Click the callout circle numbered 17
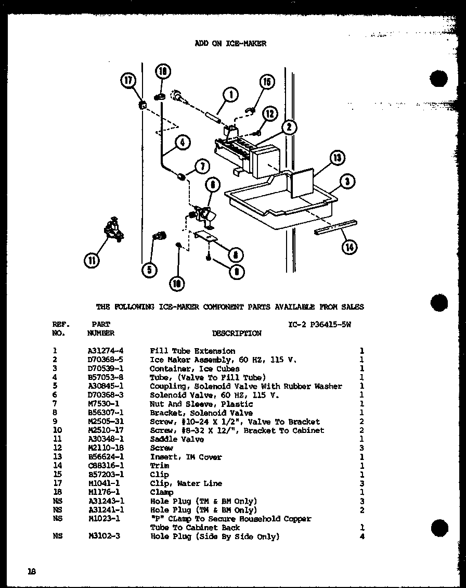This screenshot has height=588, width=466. tap(128, 81)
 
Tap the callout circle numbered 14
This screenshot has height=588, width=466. tap(349, 247)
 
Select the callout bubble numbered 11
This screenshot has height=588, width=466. tap(92, 260)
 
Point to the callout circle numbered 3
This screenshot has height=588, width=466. tap(347, 181)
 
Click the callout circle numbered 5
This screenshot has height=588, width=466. tap(149, 270)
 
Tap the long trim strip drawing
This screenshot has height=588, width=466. tap(335, 227)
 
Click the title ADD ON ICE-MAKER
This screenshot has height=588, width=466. tap(230, 44)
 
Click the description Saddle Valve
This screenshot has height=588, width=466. tap(177, 439)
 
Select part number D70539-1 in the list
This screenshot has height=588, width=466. tap(106, 369)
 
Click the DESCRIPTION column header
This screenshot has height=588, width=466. tap(237, 333)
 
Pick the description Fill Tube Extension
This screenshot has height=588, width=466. tap(192, 351)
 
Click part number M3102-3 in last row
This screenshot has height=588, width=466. tap(104, 536)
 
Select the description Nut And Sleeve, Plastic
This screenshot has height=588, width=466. tap(201, 404)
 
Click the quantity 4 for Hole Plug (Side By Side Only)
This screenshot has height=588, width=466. tap(361, 536)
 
